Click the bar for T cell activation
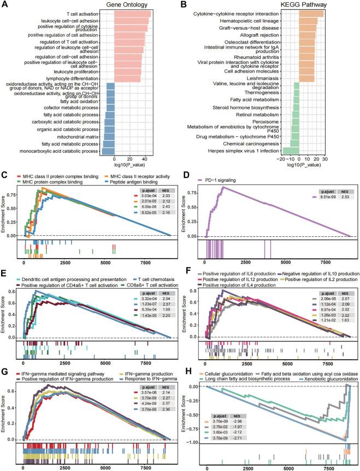tap(133, 14)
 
